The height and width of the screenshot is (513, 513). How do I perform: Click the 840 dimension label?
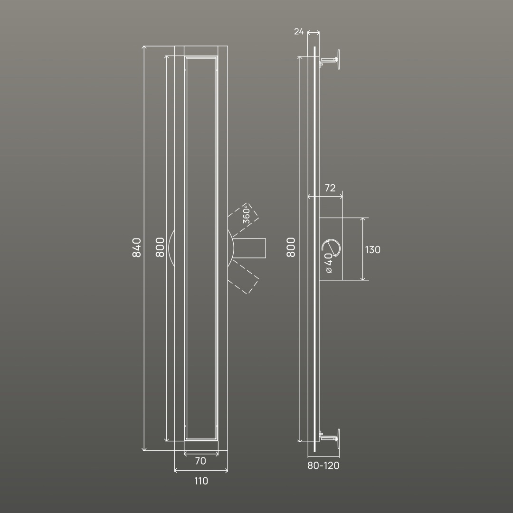point(137,247)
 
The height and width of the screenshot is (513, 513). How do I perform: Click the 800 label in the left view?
point(160,247)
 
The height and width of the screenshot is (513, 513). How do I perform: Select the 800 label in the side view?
point(291,247)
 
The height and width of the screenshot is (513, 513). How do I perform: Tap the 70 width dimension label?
point(200,461)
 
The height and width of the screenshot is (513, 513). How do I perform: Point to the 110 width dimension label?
point(201,481)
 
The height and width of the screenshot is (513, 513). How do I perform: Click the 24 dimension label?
point(299,31)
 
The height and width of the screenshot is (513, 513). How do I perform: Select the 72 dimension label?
point(330,188)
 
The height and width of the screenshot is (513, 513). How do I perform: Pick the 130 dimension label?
point(373,250)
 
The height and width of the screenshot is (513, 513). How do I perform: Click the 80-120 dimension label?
point(323,465)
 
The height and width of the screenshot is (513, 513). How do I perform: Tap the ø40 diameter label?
point(329,263)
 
